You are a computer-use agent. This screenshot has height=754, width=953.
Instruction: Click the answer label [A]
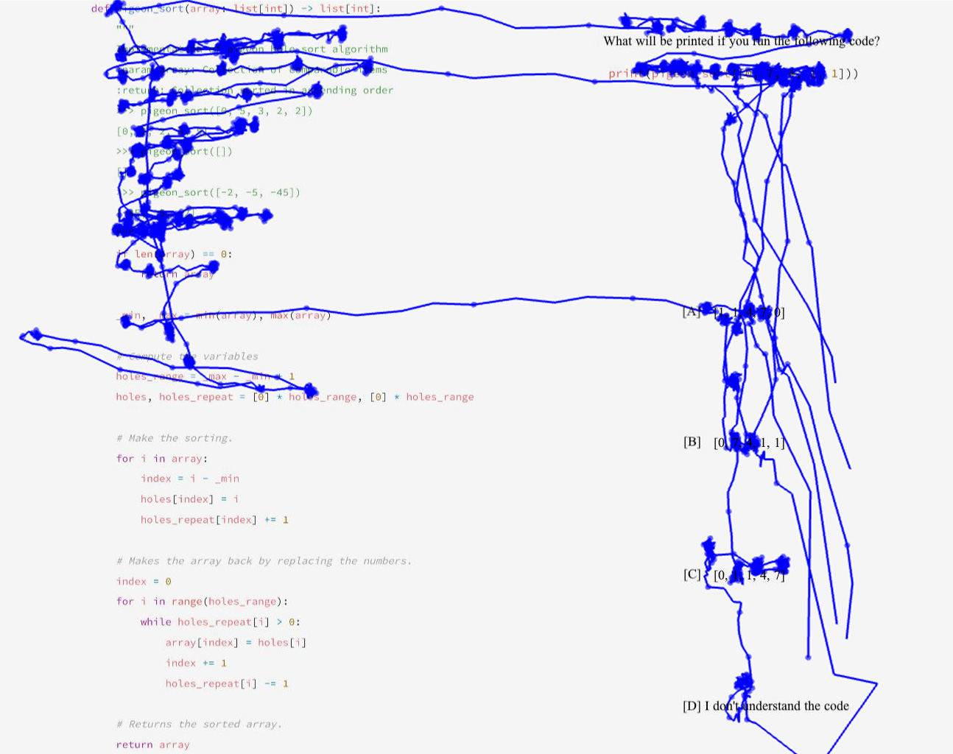pos(691,312)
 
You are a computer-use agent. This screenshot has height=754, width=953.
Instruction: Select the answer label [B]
pos(692,442)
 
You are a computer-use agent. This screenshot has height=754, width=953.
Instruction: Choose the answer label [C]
pos(692,574)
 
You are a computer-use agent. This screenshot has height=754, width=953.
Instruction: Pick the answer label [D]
pos(692,706)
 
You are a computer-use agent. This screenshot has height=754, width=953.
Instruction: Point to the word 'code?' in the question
pos(864,41)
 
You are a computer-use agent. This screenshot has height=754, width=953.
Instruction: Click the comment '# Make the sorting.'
pos(174,438)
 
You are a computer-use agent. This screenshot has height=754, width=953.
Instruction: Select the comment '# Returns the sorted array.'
pos(199,725)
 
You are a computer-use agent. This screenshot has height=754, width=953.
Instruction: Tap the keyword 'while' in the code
pos(156,622)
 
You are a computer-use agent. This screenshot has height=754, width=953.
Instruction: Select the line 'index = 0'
pos(144,582)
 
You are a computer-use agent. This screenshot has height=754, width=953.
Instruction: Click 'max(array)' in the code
pos(300,315)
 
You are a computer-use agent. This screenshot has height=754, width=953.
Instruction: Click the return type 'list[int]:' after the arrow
pos(350,9)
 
